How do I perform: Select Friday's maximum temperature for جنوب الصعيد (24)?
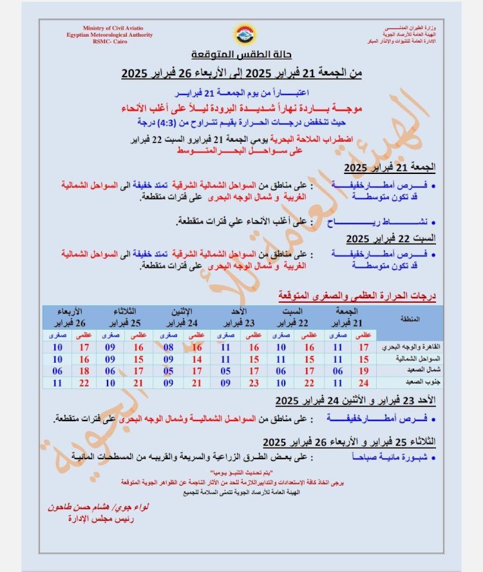coord(363,383)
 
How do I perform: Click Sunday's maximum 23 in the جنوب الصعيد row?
coord(254,383)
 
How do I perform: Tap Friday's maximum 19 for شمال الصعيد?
coord(363,371)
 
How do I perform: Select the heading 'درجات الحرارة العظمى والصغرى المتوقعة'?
coord(357,296)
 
